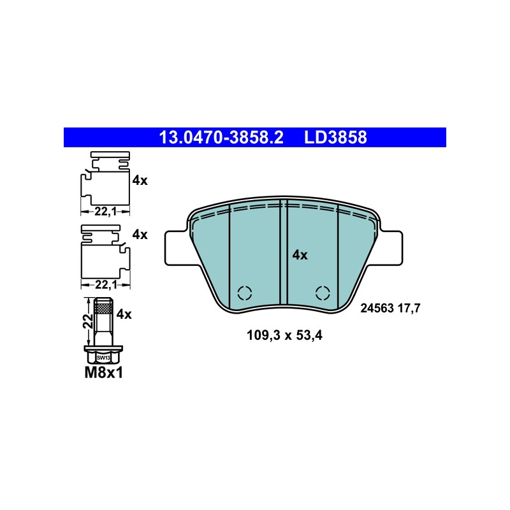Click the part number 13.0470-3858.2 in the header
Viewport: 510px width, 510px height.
221,137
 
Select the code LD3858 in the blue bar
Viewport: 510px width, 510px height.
335,137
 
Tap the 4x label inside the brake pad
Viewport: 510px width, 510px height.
300,255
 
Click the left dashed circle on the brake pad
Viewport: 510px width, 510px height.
245,293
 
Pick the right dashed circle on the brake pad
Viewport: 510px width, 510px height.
323,293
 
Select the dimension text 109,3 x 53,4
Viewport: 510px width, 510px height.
284,335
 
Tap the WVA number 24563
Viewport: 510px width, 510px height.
377,308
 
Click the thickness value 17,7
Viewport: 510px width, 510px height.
409,309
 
